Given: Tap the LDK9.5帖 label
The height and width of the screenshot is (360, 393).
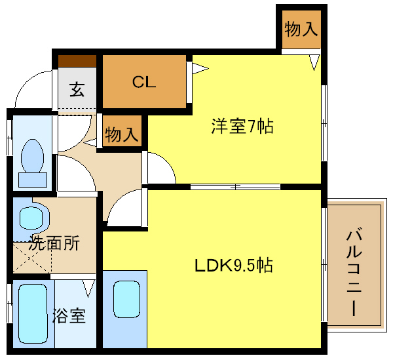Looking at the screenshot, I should pyautogui.click(x=233, y=266).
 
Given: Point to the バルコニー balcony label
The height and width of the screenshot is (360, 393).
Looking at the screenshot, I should pyautogui.click(x=354, y=271).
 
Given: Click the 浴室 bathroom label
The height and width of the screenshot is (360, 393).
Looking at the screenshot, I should pyautogui.click(x=69, y=316).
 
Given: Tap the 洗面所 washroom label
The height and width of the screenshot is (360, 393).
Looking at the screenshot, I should pyautogui.click(x=55, y=244).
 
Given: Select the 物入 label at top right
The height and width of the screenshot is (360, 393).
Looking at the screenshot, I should pyautogui.click(x=301, y=29).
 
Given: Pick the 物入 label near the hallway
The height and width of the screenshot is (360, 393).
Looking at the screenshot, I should pyautogui.click(x=121, y=135).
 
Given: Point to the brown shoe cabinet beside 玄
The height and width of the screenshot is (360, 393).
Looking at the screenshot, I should pyautogui.click(x=77, y=61).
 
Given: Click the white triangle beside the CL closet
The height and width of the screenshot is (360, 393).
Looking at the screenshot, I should pyautogui.click(x=200, y=67).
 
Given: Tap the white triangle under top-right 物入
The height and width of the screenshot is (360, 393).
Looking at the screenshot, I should pyautogui.click(x=314, y=62).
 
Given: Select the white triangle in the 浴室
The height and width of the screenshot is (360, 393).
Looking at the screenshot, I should pyautogui.click(x=88, y=287).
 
